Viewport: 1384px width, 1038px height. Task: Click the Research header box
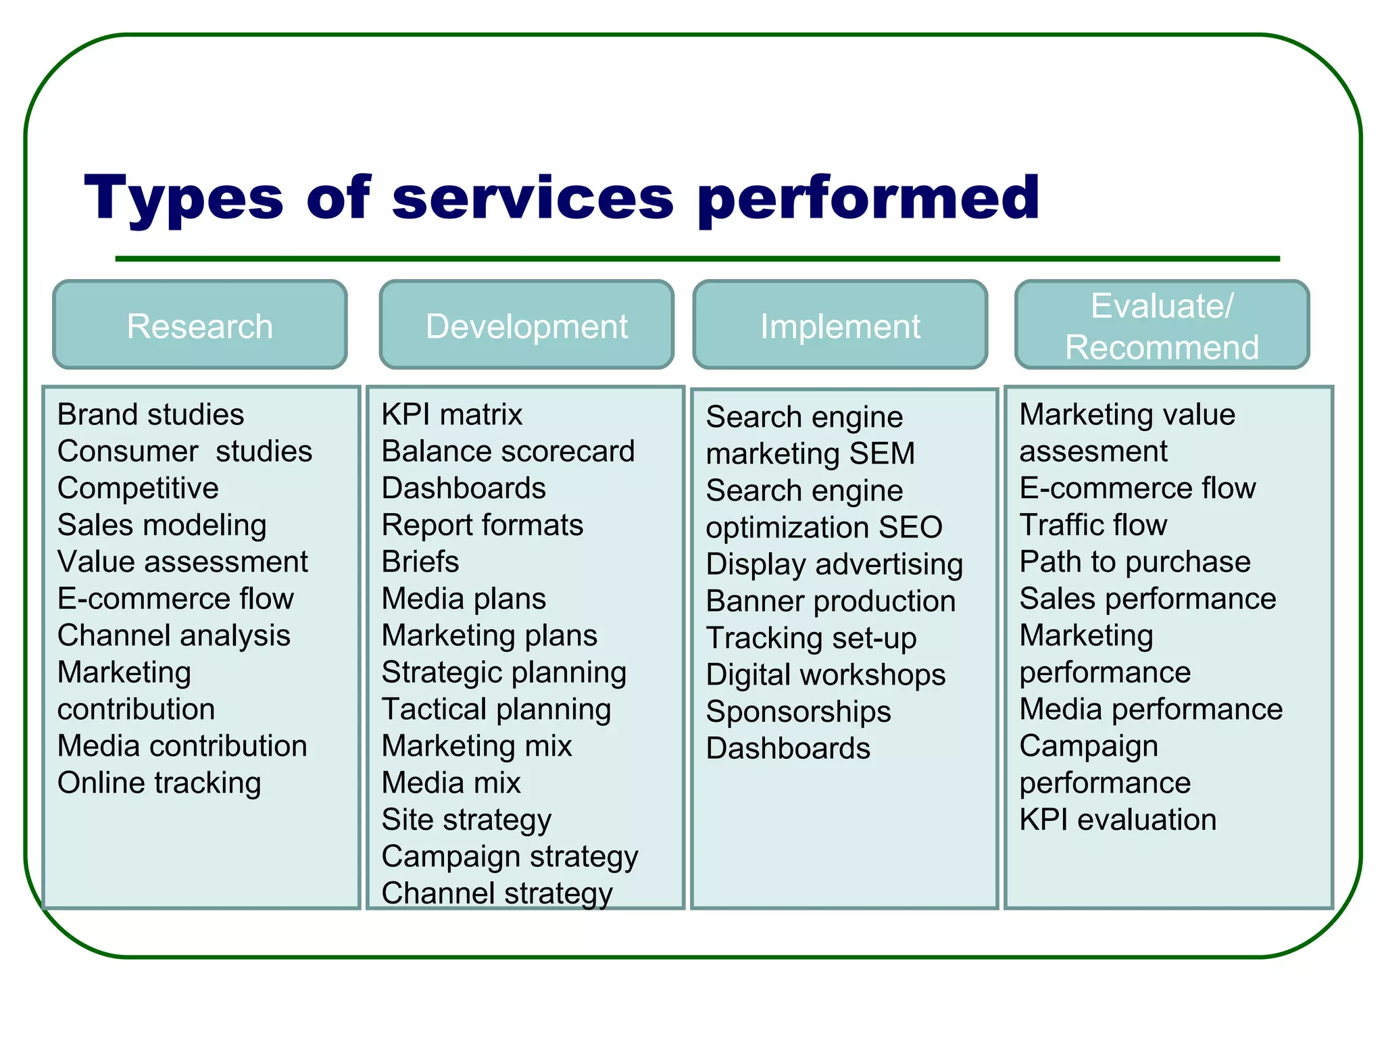click(x=200, y=325)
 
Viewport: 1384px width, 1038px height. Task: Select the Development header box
click(x=526, y=325)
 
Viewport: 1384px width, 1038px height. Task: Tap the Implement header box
click(x=840, y=325)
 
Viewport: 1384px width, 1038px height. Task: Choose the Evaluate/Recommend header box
click(x=1162, y=325)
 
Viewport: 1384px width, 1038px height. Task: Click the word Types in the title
click(x=184, y=198)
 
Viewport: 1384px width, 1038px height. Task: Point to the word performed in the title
click(x=868, y=198)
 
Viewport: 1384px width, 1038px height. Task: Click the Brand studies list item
click(x=151, y=414)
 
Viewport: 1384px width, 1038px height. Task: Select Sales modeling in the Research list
click(x=162, y=525)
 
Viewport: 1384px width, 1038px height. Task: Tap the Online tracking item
click(x=159, y=783)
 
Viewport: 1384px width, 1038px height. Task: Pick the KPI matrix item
click(x=452, y=414)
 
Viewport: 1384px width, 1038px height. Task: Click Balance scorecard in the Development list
click(x=508, y=451)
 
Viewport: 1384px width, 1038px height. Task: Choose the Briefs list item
click(x=420, y=562)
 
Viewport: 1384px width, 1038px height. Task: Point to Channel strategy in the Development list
click(x=497, y=893)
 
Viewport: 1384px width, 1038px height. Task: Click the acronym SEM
click(x=882, y=453)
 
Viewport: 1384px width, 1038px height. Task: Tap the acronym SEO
click(x=910, y=527)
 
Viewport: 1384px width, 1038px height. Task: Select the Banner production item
click(x=831, y=601)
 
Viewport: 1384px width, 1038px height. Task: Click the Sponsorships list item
click(x=799, y=712)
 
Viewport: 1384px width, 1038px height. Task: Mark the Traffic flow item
click(x=1093, y=525)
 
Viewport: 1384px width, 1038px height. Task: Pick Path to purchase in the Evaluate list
click(x=1135, y=562)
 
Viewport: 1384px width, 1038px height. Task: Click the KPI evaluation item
click(x=1118, y=820)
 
